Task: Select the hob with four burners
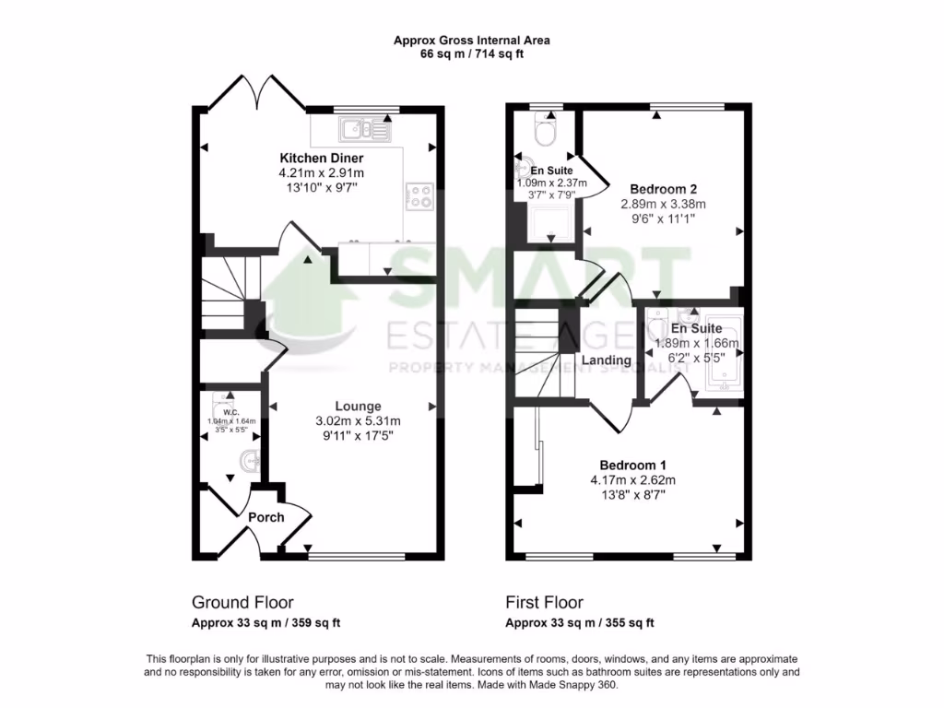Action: pos(420,195)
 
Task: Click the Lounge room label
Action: pos(358,406)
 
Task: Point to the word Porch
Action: pos(265,517)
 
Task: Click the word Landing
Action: pos(606,360)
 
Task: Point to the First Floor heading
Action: pos(544,603)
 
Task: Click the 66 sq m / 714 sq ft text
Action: pos(471,54)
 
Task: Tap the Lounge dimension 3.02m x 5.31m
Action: pos(358,421)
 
